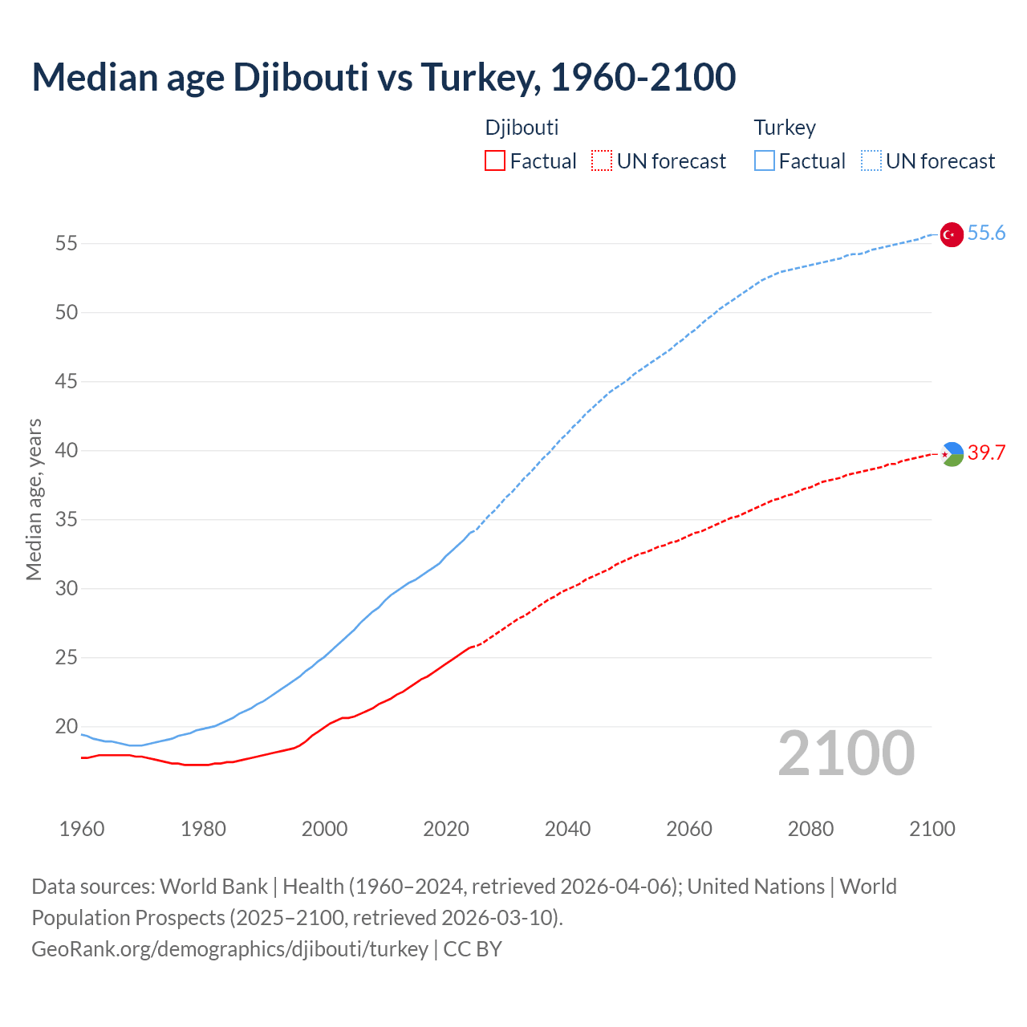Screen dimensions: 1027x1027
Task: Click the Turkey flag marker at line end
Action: [x=951, y=234]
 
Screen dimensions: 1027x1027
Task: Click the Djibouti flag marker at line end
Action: [x=952, y=454]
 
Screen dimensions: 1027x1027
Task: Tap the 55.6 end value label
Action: [x=986, y=233]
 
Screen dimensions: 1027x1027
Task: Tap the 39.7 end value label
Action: [x=986, y=453]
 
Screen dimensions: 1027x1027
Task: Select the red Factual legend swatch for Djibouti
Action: [x=495, y=161]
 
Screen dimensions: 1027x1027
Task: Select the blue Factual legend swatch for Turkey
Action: [x=764, y=161]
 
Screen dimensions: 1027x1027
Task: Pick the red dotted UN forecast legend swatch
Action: [x=602, y=161]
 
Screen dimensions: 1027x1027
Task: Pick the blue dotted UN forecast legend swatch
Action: [x=871, y=161]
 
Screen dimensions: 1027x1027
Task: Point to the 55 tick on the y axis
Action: [x=66, y=243]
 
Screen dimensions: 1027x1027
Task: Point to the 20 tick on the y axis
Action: [x=66, y=727]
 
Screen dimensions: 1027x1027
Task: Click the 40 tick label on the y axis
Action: [x=66, y=451]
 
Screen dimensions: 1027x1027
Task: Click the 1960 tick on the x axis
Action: [x=82, y=829]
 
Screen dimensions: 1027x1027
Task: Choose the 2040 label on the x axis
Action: [x=567, y=829]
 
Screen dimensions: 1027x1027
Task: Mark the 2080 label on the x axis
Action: [x=810, y=829]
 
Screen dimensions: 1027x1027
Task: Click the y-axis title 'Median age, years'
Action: [x=34, y=499]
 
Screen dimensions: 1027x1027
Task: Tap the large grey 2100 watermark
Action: [x=846, y=753]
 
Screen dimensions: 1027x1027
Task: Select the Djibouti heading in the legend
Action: [x=522, y=128]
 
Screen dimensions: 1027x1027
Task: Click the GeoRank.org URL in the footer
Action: [x=229, y=949]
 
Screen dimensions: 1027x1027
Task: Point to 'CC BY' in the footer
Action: [x=473, y=949]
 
